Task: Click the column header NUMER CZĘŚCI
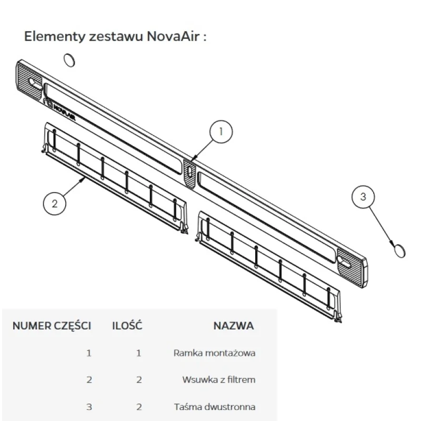coord(52,326)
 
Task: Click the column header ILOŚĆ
coord(127,326)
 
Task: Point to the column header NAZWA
coord(233,326)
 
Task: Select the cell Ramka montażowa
coord(214,353)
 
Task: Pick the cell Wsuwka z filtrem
coord(218,379)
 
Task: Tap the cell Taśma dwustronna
coord(214,407)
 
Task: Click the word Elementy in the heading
coord(48,37)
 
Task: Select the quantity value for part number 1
coord(139,353)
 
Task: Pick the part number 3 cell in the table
coord(88,407)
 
